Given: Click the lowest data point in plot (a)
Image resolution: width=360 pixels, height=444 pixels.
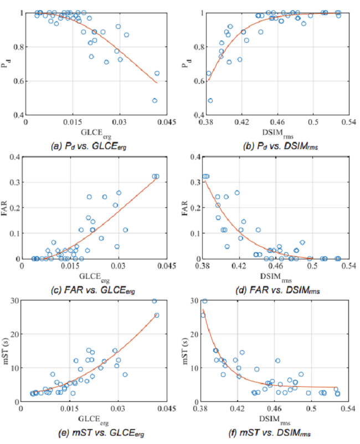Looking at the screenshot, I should tap(155, 100).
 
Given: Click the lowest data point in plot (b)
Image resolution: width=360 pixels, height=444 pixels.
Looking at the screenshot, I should tap(210, 100).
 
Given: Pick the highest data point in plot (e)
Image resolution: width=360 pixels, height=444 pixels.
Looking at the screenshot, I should tap(155, 301).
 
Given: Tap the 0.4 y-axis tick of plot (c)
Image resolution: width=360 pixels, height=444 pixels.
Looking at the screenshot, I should tap(14, 157).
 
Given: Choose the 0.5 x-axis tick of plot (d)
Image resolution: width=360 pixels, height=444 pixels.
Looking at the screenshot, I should tap(313, 266).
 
